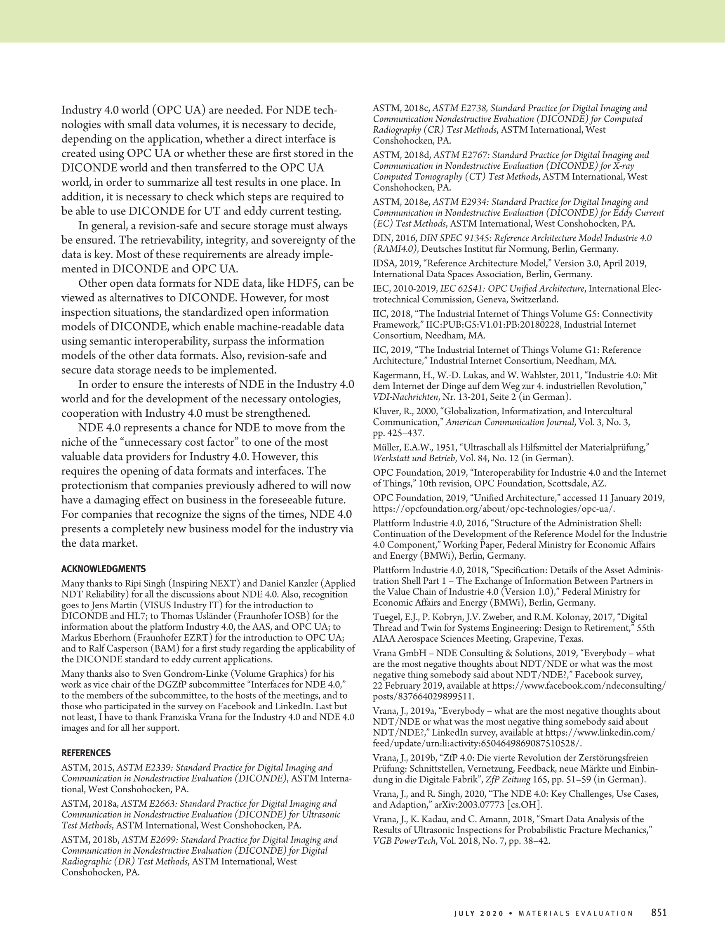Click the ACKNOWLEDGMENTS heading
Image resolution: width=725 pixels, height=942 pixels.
(x=104, y=569)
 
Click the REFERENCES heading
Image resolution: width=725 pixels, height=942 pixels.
(x=86, y=753)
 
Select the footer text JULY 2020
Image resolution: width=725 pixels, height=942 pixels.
(x=478, y=914)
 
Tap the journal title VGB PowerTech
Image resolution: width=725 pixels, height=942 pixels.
(x=404, y=840)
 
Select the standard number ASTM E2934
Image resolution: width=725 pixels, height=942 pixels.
(x=460, y=202)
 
